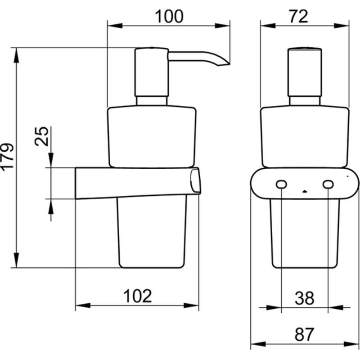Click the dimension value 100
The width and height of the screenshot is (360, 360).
coord(169,16)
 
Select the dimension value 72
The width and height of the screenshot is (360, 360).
coord(298,17)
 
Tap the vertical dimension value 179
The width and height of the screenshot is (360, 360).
coord(7,157)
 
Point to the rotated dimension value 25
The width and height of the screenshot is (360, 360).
coord(41,136)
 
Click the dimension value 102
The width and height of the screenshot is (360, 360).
coord(138,296)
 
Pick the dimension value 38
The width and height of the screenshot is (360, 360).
coord(305,298)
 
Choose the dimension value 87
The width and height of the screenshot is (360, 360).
coord(304,334)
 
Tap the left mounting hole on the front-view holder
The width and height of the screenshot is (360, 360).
coord(281,184)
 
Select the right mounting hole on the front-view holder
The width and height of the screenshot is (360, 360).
coord(328,184)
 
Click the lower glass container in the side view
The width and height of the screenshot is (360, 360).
coord(152,232)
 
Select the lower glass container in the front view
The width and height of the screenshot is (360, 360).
coord(305,233)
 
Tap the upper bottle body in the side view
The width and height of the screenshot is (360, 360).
coord(152,137)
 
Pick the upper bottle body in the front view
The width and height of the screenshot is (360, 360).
coord(305,137)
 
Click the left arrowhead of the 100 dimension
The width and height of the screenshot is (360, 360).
coord(115,26)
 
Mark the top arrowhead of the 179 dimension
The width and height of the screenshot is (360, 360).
coord(16,55)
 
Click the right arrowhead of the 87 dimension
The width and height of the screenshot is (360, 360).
coord(351,344)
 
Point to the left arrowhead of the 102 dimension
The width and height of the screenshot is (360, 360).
coord(83,306)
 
